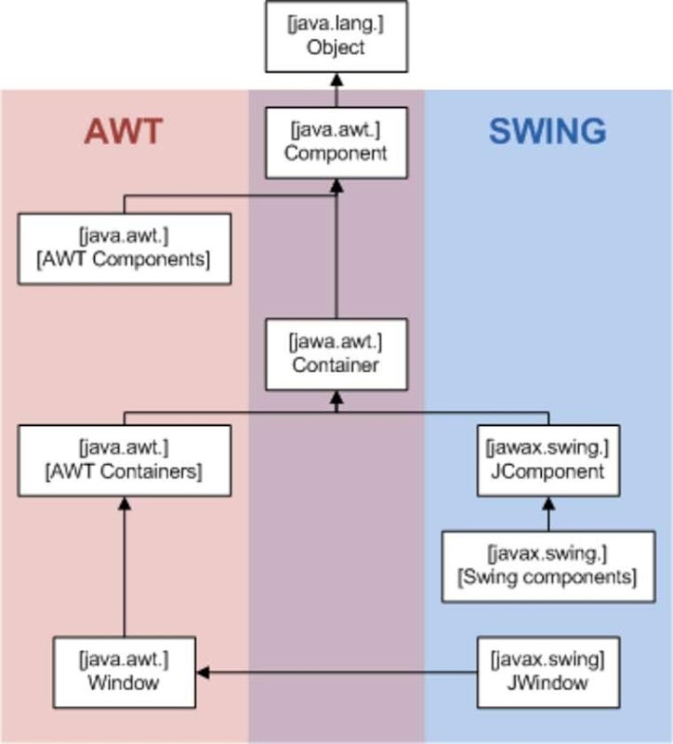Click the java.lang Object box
point(336,36)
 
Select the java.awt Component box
point(336,142)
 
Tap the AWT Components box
point(124,248)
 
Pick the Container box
point(336,354)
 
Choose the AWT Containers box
point(124,460)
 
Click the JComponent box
point(548,460)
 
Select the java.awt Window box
point(124,671)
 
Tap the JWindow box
point(548,671)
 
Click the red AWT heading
point(124,131)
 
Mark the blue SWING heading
point(548,131)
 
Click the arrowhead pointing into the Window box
point(203,671)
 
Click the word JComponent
point(548,472)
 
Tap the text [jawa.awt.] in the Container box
point(336,342)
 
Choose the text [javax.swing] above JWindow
point(548,659)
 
